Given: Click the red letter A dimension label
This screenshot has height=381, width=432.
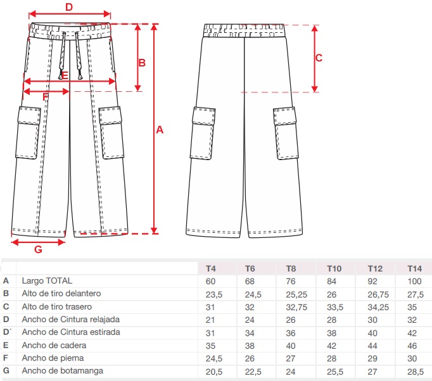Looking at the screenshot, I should tap(160, 130).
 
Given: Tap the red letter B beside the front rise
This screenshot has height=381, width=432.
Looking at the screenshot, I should tap(142, 63).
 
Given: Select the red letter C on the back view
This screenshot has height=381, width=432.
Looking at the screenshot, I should tap(319, 58).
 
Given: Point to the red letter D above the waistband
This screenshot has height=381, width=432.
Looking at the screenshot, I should tap(69, 7).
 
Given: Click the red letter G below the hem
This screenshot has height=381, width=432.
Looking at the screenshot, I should tap(38, 249).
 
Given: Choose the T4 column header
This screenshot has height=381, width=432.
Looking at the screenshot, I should tap(211, 268).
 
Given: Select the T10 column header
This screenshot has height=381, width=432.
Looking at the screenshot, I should tap(334, 268).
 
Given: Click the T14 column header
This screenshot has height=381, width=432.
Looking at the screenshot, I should tap(415, 268).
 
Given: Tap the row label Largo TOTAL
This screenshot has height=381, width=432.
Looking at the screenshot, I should tap(47, 281).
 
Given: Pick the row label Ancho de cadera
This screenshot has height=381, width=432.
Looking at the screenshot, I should tap(54, 346).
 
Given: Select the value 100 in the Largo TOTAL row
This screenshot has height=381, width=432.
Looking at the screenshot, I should tap(415, 281).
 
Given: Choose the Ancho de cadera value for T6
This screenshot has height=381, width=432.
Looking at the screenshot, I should tap(250, 346).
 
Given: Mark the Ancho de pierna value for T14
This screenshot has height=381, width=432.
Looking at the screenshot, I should tap(414, 358).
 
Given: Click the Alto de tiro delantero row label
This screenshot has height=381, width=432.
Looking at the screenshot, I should tap(61, 294).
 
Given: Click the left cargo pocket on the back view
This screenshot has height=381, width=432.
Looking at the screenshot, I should tap(205, 134).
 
